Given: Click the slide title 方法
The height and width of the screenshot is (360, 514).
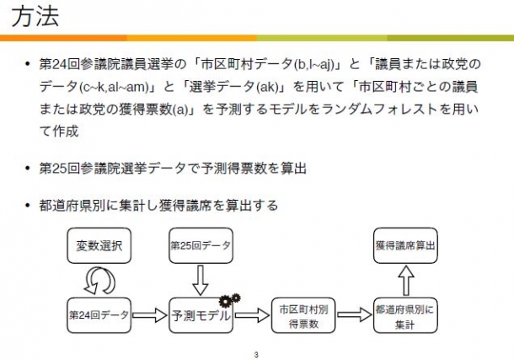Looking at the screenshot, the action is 35,16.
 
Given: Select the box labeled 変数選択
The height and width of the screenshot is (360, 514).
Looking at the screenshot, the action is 99,245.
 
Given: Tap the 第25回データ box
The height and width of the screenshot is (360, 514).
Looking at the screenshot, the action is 201,245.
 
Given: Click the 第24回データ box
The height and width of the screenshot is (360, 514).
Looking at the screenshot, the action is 99,315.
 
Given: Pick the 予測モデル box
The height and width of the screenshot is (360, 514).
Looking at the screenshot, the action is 201,315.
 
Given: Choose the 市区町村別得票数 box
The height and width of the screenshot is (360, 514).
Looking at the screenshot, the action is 303,315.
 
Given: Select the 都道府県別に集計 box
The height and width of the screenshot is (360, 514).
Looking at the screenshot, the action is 405,315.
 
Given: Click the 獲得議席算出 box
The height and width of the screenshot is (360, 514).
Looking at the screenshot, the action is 405,245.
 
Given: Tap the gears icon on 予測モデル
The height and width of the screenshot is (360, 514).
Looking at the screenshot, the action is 230,299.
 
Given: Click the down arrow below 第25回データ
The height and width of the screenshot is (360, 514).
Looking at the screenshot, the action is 201,280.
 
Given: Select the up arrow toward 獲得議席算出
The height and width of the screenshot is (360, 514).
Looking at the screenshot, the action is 406,280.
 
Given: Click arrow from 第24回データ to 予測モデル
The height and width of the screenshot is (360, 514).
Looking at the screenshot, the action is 150,315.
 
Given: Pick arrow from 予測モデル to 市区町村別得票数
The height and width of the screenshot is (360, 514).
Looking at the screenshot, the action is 252,315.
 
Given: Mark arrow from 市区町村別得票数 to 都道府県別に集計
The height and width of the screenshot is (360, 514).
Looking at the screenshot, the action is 355,315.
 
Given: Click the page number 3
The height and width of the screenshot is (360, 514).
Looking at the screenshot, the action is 256,354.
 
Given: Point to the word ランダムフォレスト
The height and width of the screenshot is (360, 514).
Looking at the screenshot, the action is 379,110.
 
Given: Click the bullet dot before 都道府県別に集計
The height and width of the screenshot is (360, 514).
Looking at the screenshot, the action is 28,206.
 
